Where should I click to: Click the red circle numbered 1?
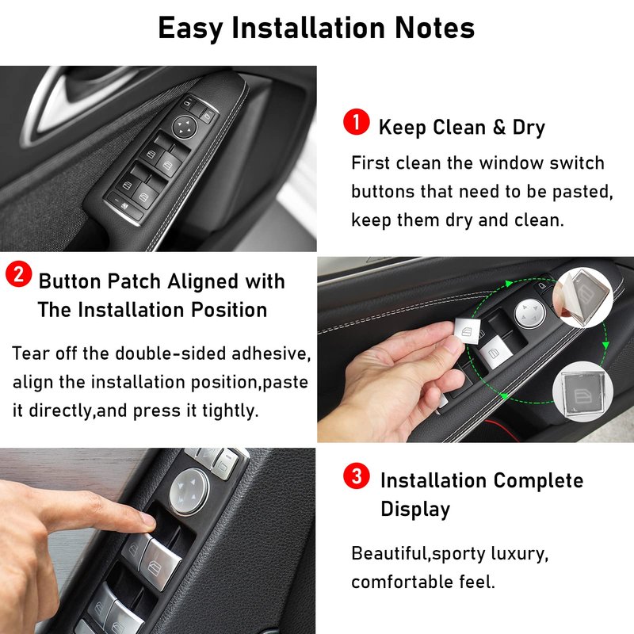356,121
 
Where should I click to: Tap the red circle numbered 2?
18,274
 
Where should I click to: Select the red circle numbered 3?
356,475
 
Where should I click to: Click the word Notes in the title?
434,28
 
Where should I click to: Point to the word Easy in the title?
190,29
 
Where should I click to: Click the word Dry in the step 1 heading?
529,128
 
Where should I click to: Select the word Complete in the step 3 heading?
538,481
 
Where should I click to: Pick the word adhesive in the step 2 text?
271,353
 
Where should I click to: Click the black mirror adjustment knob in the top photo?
185,127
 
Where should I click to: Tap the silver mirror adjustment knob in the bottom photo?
189,491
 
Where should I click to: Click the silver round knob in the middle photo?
530,313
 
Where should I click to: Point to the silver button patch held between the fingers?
468,330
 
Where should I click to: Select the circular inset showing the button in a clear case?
582,391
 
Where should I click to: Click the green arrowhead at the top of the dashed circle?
509,284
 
